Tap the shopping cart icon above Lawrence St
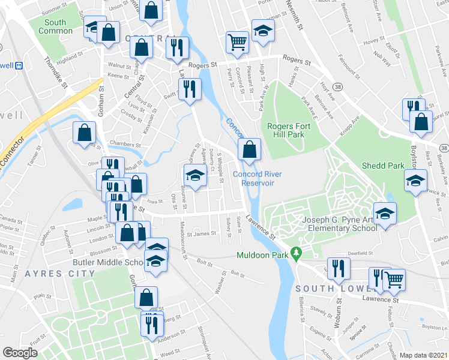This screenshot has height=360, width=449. [x=394, y=279]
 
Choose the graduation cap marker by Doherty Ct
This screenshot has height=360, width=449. [x=195, y=175]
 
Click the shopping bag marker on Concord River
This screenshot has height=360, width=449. [x=250, y=149]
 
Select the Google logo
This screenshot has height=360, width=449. [x=20, y=353]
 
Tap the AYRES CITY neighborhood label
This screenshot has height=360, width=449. [x=60, y=274]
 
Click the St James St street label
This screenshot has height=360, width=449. [x=200, y=235]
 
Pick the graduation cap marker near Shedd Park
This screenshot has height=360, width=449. [x=415, y=181]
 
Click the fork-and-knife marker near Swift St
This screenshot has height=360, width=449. [x=190, y=89]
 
